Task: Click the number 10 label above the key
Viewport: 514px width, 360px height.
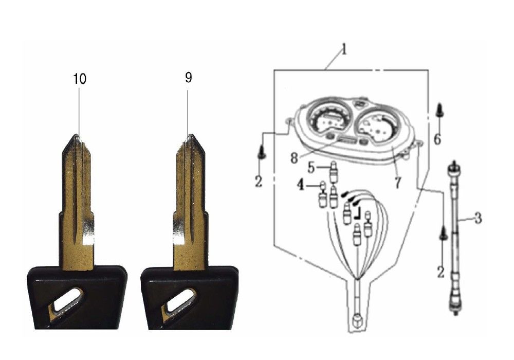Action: coord(79,79)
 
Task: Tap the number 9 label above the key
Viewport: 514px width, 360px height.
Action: coord(188,77)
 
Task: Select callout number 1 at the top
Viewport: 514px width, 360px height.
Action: coord(344,50)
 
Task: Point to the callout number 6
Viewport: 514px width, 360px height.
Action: coord(437,138)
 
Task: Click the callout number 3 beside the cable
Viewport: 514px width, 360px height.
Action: coord(478,218)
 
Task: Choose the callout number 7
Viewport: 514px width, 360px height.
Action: coord(397,183)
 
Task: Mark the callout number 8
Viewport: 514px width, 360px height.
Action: coord(294,158)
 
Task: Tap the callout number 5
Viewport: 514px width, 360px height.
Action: coord(311,168)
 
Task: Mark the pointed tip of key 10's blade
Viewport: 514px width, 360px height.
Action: coord(76,137)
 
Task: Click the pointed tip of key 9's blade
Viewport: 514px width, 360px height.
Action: coord(190,137)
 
